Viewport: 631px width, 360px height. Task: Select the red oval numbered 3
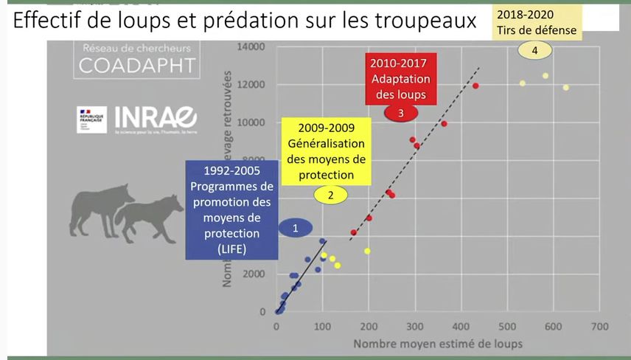(400, 113)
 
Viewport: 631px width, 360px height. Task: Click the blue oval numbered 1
(295, 228)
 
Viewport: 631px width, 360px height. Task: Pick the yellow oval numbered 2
(330, 195)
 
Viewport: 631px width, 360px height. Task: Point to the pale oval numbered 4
(534, 50)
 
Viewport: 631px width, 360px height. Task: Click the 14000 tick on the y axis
(251, 47)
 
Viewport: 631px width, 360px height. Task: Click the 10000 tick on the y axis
(251, 122)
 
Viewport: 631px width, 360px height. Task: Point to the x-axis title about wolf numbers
(437, 344)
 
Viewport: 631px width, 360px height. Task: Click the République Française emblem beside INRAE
(91, 120)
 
